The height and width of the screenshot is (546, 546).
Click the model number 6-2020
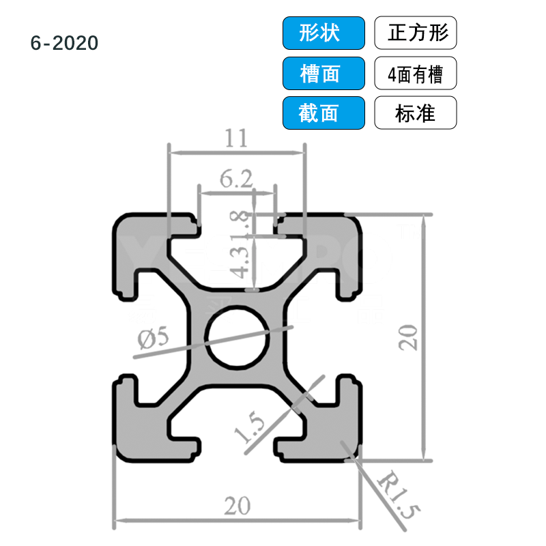point(65,43)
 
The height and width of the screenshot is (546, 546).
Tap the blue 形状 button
point(323,33)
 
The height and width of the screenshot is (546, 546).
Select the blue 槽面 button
point(323,73)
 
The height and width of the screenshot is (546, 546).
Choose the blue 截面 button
point(323,113)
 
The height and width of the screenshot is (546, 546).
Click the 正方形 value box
point(415,33)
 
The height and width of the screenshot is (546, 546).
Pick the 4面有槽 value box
point(415,73)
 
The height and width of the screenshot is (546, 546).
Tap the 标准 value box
point(415,113)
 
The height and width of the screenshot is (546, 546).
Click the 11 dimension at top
point(235,139)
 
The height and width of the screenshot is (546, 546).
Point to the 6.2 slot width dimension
point(236,179)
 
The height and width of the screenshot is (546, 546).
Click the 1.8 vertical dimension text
point(240,222)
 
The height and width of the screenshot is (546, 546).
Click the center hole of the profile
point(239,338)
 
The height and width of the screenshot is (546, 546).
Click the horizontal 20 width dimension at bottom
point(237,506)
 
